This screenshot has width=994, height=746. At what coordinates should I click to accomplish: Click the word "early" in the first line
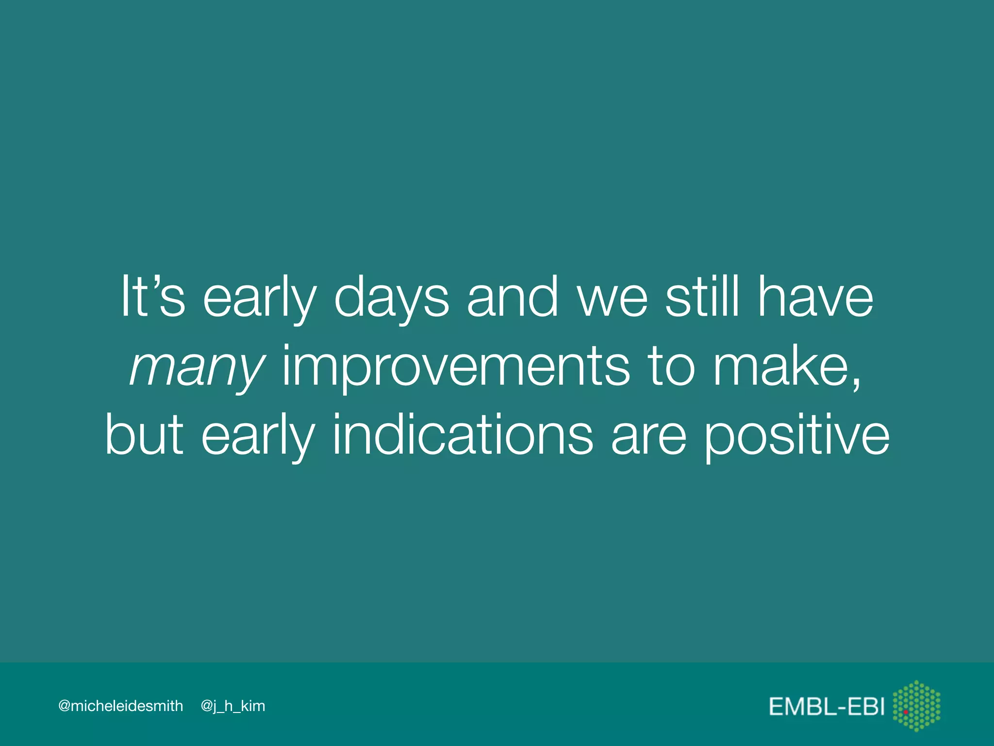pos(260,299)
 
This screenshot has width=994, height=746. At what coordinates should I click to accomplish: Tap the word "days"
pos(392,299)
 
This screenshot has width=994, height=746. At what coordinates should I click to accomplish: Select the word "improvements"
pos(456,367)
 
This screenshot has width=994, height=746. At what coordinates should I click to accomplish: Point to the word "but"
pos(144,435)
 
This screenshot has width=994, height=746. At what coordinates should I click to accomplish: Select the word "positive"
pos(796,436)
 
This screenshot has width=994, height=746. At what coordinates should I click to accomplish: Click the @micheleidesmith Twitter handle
pos(120,706)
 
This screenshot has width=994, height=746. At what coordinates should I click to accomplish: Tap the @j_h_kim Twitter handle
pos(233,706)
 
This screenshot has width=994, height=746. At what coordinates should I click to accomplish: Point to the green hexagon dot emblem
pos(916,706)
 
